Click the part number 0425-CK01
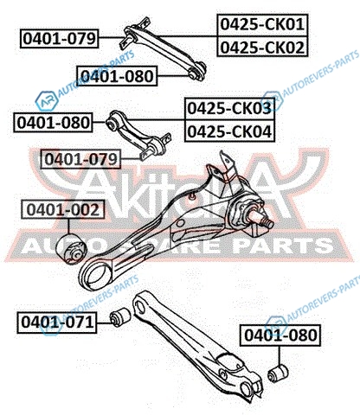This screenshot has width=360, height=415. click(262, 24)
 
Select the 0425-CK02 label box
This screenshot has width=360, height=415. click(262, 47)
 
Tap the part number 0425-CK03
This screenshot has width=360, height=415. click(229, 109)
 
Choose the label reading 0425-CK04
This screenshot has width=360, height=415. click(229, 131)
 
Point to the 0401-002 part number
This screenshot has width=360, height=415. click(63, 209)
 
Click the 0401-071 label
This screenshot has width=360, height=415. click(57, 322)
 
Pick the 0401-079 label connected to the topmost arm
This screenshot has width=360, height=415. click(60, 38)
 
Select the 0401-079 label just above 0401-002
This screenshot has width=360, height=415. click(81, 159)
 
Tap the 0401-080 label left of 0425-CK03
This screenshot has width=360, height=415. click(53, 123)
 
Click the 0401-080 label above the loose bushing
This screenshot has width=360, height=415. click(280, 335)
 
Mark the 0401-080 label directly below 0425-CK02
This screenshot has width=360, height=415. click(117, 76)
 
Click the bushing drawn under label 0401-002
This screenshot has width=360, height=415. click(72, 249)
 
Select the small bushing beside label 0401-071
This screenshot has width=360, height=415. click(120, 316)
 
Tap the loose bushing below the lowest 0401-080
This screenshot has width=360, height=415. click(278, 373)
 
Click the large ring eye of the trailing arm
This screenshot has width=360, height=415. click(95, 276)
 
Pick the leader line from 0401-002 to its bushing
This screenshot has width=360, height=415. click(68, 227)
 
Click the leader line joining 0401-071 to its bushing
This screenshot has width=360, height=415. click(104, 322)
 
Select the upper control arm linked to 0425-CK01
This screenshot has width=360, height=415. click(163, 49)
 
